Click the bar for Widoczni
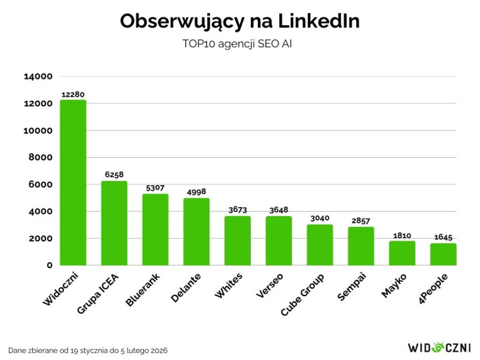tap(73, 182)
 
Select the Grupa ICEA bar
tap(115, 223)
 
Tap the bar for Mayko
tap(402, 253)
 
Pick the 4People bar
tap(443, 254)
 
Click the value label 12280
tap(73, 94)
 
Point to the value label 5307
tap(156, 188)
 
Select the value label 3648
tap(279, 211)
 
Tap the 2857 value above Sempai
tap(361, 221)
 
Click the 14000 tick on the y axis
tap(38, 77)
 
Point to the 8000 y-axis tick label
tap(40, 158)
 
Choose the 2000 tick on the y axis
tap(40, 239)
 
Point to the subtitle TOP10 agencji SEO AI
tap(239, 44)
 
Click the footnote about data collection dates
tap(88, 350)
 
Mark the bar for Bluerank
tap(156, 230)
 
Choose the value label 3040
tap(320, 218)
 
